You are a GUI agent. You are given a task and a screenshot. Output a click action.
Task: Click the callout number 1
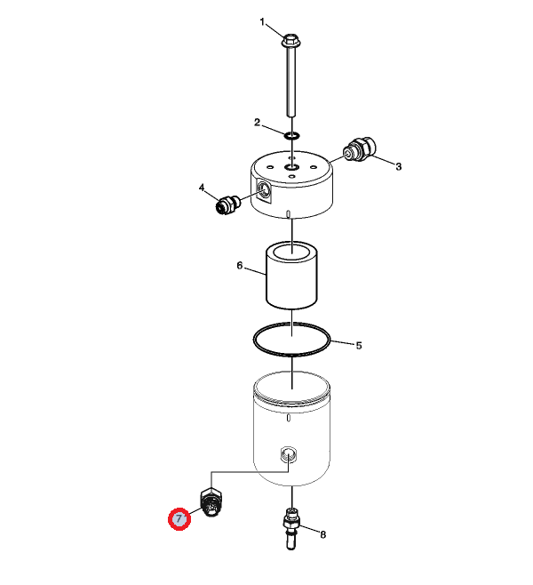click(x=262, y=22)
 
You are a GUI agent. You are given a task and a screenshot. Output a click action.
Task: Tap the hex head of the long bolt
click(x=291, y=41)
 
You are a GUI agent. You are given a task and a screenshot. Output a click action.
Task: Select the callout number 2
click(x=257, y=123)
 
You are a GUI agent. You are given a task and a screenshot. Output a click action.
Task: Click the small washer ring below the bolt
click(x=291, y=135)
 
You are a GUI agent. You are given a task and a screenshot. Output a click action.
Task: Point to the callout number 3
click(x=399, y=166)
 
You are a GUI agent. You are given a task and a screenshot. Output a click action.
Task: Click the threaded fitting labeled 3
click(x=359, y=148)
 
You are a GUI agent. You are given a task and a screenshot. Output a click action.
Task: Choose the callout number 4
click(x=202, y=188)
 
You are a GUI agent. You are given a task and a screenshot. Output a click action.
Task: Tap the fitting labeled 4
click(x=227, y=204)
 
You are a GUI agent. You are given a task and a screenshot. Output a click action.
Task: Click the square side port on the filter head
click(x=264, y=190)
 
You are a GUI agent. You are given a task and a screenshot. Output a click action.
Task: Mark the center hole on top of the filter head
click(x=291, y=167)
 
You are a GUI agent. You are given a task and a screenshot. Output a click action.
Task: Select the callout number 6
click(x=240, y=266)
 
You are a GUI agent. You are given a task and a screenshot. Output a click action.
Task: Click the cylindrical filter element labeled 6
click(x=291, y=276)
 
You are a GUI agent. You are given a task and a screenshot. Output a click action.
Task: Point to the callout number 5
click(x=359, y=346)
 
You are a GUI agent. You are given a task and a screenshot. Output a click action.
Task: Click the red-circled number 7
click(x=179, y=518)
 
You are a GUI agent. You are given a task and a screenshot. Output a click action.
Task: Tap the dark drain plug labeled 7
click(x=211, y=502)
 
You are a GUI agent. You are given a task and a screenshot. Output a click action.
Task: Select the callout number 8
click(x=322, y=534)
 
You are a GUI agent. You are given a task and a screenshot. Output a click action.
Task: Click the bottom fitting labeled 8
click(x=291, y=528)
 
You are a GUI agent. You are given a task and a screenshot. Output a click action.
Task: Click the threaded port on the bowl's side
click(x=288, y=455)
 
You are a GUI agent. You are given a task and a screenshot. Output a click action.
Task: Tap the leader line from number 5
click(x=341, y=342)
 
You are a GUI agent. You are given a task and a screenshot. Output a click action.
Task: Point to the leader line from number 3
click(x=382, y=159)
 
